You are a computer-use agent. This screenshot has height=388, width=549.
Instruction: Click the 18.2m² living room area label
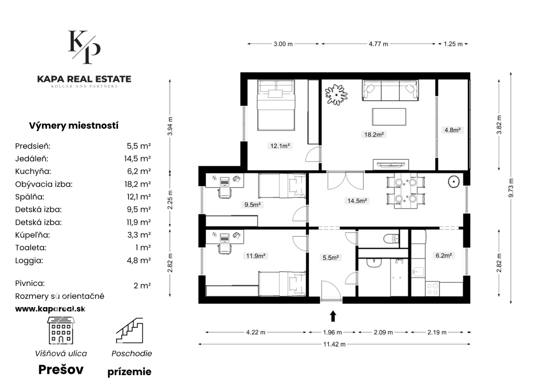374,135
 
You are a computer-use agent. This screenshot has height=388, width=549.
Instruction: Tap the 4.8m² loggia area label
452,130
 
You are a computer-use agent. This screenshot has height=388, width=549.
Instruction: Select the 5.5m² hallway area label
331,258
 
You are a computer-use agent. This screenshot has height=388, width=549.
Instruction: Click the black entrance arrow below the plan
333,316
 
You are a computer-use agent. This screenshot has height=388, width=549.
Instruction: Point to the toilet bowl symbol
391,238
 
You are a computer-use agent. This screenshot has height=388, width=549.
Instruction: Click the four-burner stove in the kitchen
432,289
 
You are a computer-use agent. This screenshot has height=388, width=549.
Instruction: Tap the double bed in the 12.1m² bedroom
276,105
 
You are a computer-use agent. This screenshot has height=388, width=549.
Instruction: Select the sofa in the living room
390,90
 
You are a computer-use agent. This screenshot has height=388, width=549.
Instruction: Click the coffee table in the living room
389,117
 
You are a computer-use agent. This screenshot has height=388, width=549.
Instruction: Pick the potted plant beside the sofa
336,95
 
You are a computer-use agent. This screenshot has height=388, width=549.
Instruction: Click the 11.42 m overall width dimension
334,344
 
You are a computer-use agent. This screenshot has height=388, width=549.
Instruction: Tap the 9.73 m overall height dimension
511,188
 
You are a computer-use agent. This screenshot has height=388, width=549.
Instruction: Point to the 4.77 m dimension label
378,44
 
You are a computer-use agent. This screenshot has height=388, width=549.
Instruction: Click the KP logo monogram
84,47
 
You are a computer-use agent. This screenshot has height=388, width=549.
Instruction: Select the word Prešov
61,369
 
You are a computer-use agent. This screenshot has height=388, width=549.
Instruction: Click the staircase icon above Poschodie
129,330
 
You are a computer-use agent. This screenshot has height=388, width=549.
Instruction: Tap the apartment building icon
61,330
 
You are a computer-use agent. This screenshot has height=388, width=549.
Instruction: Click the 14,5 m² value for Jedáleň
138,159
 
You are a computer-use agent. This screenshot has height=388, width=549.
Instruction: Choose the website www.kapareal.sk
50,309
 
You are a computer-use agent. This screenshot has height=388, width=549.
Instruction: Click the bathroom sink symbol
374,263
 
